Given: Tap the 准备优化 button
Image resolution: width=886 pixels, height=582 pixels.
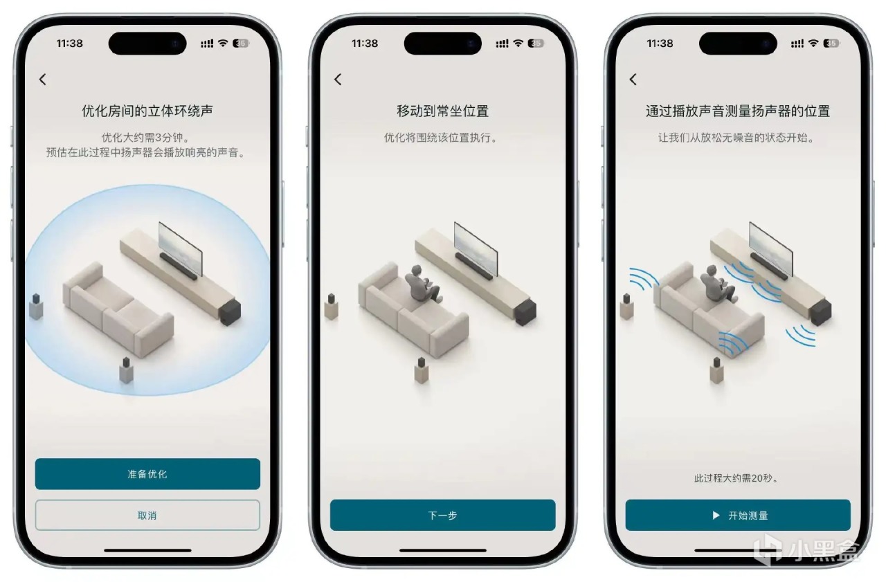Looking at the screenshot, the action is [147, 474].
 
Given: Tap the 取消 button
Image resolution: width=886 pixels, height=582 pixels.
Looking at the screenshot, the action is [147, 515].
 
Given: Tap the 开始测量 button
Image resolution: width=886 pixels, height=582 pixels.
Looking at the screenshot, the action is [738, 515].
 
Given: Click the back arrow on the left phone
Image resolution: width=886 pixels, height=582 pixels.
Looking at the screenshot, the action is [43, 80].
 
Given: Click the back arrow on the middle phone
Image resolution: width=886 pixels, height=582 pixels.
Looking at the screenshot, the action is [338, 80].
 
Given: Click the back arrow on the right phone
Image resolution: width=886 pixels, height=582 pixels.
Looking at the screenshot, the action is [633, 80].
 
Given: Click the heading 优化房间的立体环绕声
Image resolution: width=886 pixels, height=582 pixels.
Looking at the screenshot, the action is [147, 111].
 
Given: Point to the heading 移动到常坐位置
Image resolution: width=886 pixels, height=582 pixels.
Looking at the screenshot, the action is [443, 111].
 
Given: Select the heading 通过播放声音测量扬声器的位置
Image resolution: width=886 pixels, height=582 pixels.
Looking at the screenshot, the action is [738, 111].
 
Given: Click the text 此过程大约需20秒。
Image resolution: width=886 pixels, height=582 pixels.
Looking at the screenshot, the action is [736, 478].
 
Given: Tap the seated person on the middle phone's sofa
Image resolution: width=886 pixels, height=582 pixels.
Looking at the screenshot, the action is [422, 284].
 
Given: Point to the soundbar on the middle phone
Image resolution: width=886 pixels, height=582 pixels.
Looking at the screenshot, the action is [474, 266].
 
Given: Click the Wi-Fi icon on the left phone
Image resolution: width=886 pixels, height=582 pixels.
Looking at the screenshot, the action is [223, 43].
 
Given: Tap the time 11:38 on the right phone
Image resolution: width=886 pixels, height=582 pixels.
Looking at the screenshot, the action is [660, 43].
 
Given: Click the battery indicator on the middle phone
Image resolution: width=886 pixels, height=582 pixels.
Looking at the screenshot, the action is [536, 43].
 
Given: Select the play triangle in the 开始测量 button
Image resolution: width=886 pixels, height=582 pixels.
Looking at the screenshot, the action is [716, 515].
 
